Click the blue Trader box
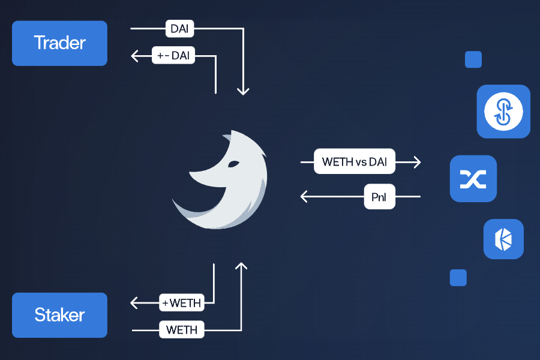pyautogui.click(x=59, y=43)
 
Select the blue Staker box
pyautogui.click(x=59, y=315)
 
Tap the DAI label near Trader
pyautogui.click(x=180, y=28)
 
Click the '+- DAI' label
pyautogui.click(x=173, y=56)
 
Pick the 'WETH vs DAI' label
pyautogui.click(x=355, y=161)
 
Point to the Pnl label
pyautogui.click(x=379, y=196)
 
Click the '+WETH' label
pyautogui.click(x=182, y=302)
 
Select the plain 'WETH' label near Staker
pyautogui.click(x=182, y=329)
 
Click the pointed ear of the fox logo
pyautogui.click(x=227, y=137)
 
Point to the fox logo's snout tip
pyautogui.click(x=191, y=176)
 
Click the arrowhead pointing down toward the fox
pyautogui.click(x=243, y=91)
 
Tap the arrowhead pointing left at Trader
pyautogui.click(x=134, y=56)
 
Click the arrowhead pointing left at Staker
pyautogui.click(x=134, y=302)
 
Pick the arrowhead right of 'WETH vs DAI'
pyautogui.click(x=417, y=162)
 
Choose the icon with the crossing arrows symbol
pyautogui.click(x=473, y=179)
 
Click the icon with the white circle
pyautogui.click(x=503, y=112)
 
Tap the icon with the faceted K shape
pyautogui.click(x=503, y=239)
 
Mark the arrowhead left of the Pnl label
pyautogui.click(x=304, y=196)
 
